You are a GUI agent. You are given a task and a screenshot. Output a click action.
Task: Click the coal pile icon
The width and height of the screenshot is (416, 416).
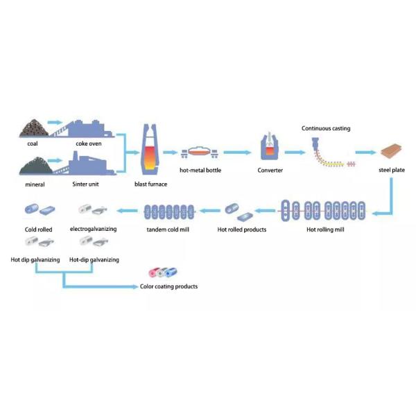pos(32,128)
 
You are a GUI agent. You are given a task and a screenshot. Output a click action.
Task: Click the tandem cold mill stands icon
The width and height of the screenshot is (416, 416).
pos(170,209)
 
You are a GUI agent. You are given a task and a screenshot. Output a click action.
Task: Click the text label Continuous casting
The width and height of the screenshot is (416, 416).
pos(326,128)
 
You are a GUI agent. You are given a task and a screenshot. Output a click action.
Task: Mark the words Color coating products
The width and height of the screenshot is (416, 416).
pos(168,286)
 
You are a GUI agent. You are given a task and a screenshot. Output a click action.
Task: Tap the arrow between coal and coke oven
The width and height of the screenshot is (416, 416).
pos(56,122)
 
